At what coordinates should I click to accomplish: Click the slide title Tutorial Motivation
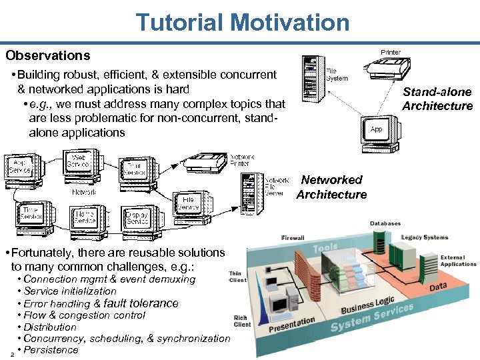(x=243, y=23)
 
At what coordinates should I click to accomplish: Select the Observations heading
(x=47, y=55)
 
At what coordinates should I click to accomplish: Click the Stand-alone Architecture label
(x=437, y=99)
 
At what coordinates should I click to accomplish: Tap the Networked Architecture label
(x=331, y=187)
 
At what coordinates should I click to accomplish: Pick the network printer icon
(x=207, y=163)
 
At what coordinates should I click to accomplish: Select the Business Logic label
(x=367, y=305)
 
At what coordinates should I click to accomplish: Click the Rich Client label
(x=242, y=321)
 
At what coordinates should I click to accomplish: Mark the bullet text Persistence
(x=51, y=350)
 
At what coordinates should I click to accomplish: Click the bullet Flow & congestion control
(x=84, y=315)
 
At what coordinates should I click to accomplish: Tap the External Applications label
(x=458, y=261)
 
